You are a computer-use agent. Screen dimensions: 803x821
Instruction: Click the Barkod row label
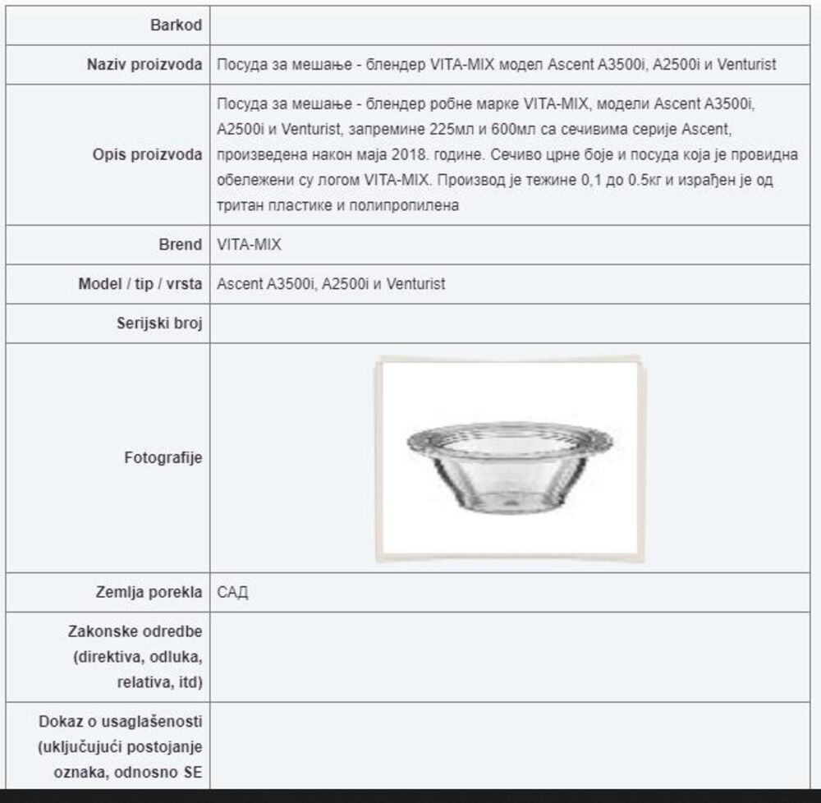176,25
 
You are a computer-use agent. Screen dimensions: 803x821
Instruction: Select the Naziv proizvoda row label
144,65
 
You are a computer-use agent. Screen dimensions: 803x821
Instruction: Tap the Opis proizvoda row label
147,155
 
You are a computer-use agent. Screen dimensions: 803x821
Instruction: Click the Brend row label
180,245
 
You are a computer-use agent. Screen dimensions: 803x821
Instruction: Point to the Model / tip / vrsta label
140,284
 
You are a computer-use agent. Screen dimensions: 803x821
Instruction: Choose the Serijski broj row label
159,323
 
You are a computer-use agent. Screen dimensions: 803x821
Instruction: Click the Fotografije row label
163,458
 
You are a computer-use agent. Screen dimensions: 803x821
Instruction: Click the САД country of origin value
233,593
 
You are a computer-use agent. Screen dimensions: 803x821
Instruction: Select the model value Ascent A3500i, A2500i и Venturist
331,284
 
